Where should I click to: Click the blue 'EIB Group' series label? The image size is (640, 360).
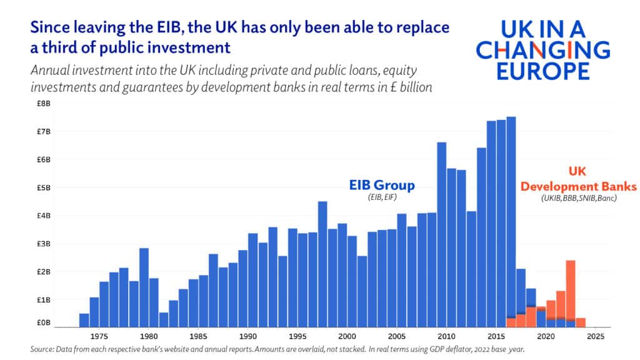coord(381,186)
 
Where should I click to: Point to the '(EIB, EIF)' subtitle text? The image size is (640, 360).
coord(381,198)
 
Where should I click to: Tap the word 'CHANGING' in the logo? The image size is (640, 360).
coord(542,49)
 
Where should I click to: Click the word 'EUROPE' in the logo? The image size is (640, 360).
coord(542,71)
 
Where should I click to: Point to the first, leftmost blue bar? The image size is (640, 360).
coord(84,320)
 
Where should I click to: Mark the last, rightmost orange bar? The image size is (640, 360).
coord(580,322)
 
